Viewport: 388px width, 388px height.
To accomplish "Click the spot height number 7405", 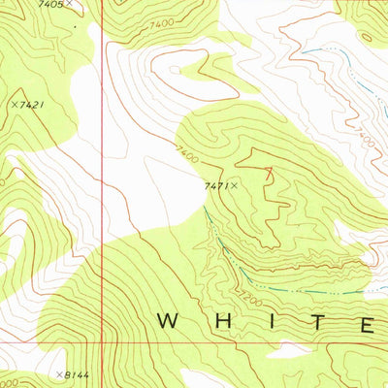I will [50, 5].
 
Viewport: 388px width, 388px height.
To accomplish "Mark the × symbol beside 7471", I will [234, 183].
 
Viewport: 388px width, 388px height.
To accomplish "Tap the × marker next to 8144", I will [58, 373].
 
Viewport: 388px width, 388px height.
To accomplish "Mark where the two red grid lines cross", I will [103, 341].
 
